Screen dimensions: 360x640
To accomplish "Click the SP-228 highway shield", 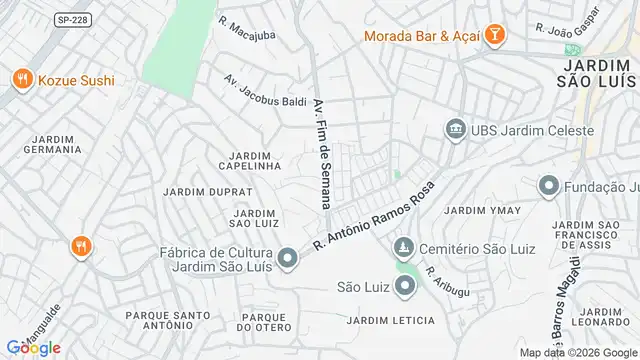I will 71,19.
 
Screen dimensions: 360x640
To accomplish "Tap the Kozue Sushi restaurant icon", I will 21,79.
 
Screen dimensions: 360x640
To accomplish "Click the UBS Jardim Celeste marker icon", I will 456,129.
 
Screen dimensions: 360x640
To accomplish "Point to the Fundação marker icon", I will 548,185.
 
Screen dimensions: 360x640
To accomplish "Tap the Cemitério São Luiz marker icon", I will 403,247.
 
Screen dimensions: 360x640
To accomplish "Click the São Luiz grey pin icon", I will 405,288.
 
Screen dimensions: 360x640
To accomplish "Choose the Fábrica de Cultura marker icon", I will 288,260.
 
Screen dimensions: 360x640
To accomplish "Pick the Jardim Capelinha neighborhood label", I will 249,161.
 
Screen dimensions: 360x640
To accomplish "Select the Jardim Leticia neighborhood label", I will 390,320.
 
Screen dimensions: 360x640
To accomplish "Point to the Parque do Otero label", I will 264,322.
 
